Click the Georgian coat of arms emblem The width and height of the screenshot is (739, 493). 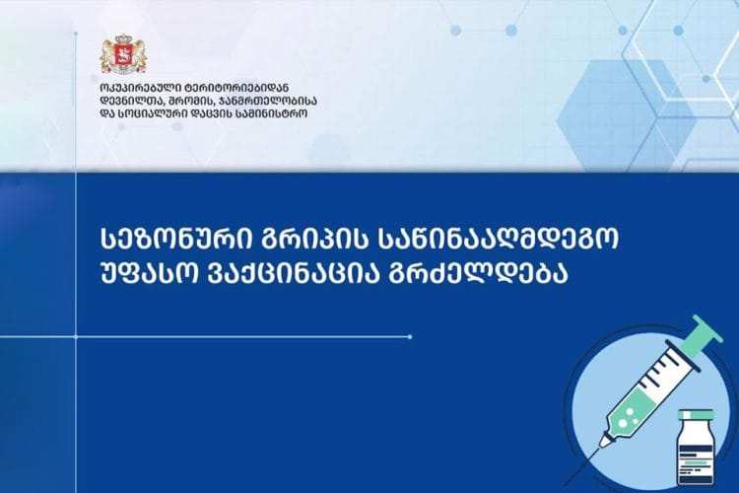123,54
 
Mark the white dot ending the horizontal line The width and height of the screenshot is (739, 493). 410,337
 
